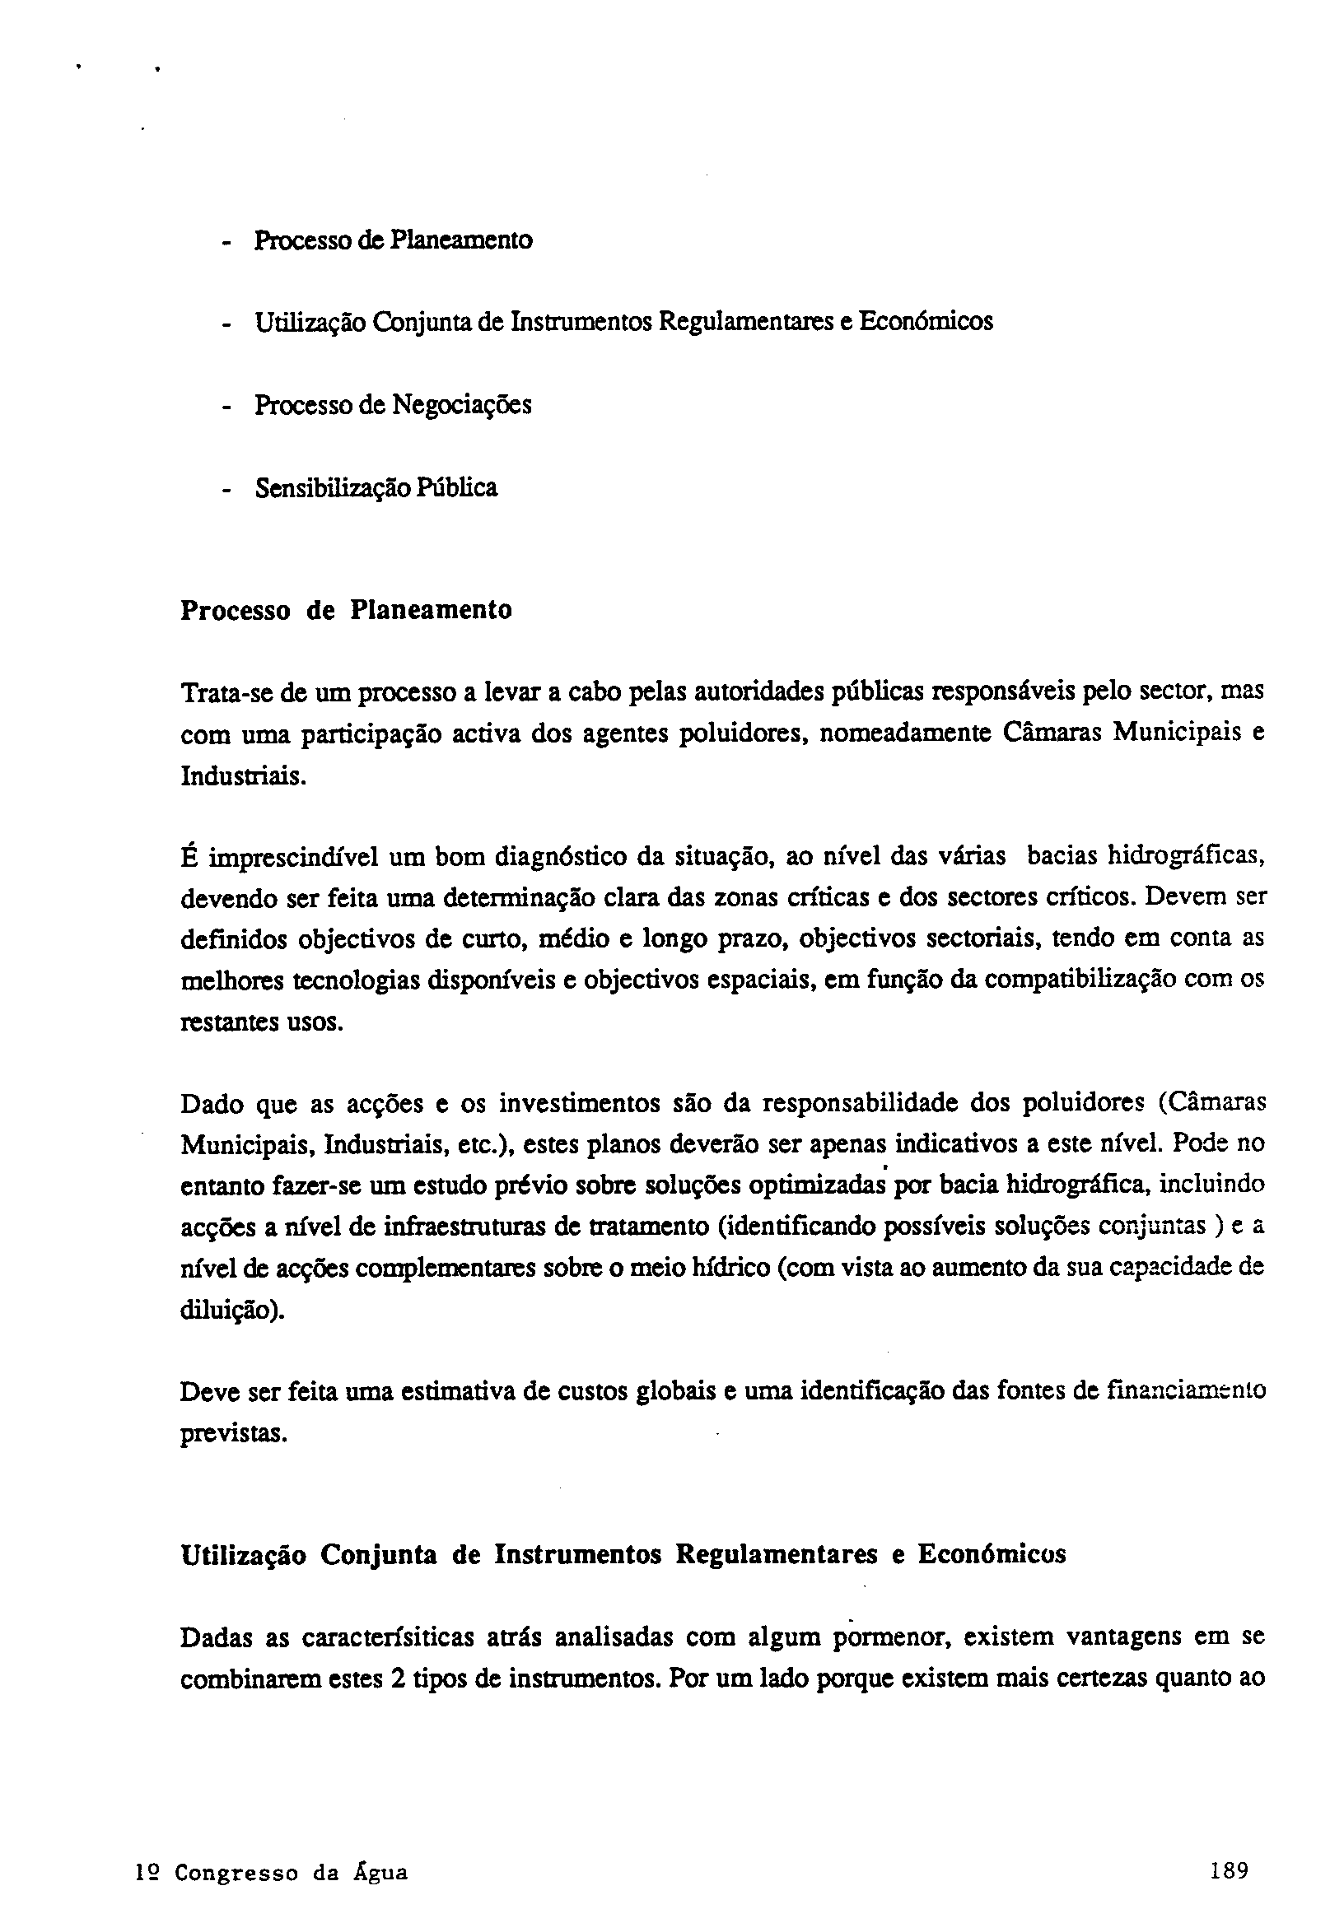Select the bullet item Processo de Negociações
point(392,405)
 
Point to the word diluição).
point(232,1309)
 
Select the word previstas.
point(234,1433)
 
